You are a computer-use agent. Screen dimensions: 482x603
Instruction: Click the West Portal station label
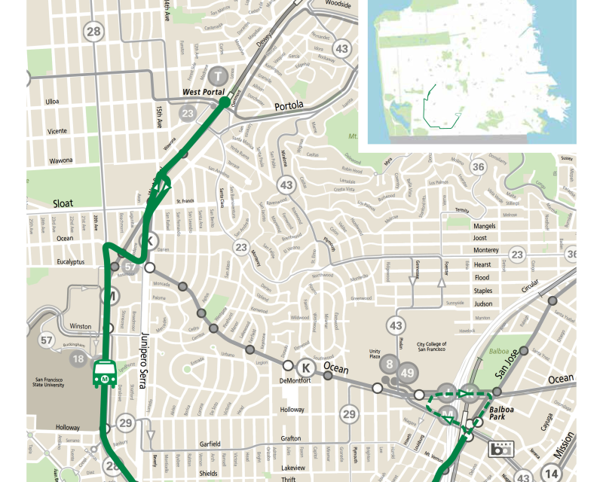[x=204, y=92]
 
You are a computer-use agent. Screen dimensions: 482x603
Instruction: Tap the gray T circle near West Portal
[x=219, y=75]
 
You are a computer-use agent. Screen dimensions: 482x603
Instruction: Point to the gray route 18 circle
[x=78, y=358]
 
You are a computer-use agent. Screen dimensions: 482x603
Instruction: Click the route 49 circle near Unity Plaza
[x=408, y=372]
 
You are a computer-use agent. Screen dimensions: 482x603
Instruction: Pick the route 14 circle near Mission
[x=552, y=473]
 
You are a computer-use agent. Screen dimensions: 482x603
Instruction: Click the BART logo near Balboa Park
[x=499, y=450]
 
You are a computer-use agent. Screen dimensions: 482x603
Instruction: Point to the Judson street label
[x=482, y=304]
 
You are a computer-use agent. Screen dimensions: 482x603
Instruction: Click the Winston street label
[x=80, y=326]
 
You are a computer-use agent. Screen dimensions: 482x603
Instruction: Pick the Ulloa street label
[x=53, y=101]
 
